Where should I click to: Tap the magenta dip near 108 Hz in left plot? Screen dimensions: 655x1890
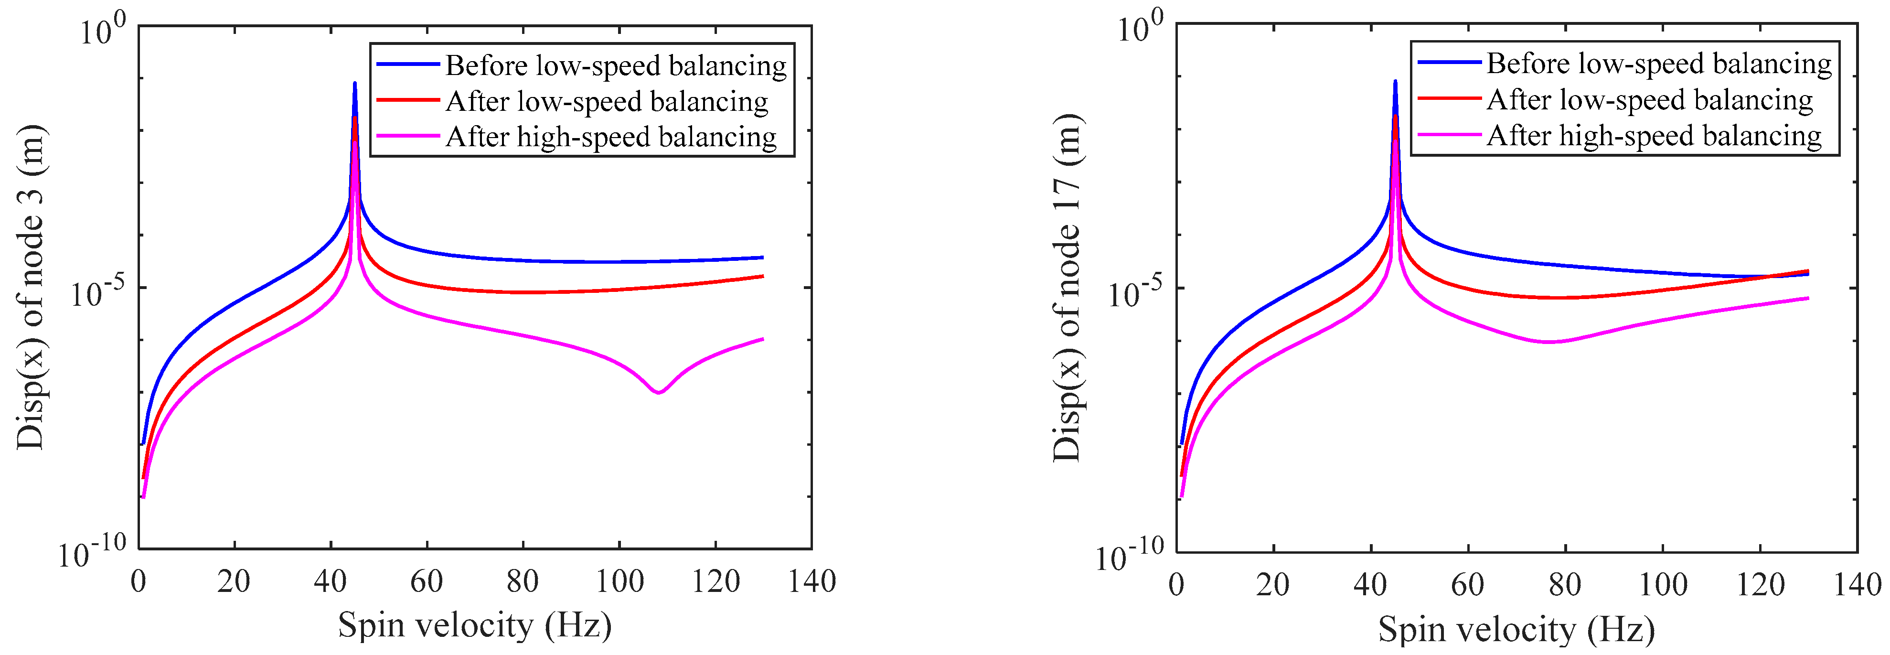click(658, 392)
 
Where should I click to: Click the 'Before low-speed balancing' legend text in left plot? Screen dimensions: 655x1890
click(616, 66)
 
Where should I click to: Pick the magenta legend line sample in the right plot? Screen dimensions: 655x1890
click(1449, 135)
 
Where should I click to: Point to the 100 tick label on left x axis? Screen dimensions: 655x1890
click(619, 581)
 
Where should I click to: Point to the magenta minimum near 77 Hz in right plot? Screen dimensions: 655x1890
click(1548, 342)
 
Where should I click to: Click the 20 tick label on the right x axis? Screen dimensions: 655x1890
click(1273, 585)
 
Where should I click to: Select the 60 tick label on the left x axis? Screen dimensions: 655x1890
click(426, 581)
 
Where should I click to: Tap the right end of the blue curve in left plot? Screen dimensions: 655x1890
click(762, 258)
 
